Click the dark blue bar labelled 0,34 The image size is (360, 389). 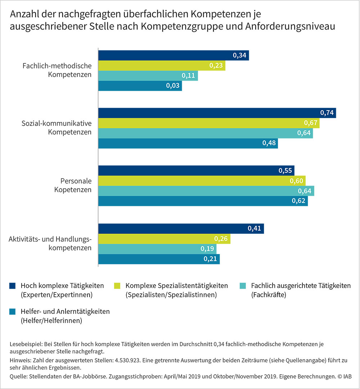[173, 55]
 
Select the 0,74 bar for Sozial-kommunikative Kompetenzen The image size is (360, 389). [216, 113]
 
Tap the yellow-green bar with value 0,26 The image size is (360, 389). [164, 239]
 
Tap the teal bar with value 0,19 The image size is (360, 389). [157, 249]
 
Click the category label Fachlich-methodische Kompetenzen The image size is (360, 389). [57, 70]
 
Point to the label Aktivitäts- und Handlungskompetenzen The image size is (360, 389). [50, 243]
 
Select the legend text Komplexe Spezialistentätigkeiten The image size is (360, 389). [176, 286]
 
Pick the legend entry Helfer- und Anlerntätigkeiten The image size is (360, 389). [65, 312]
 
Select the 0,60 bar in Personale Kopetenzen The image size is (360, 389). [202, 181]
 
